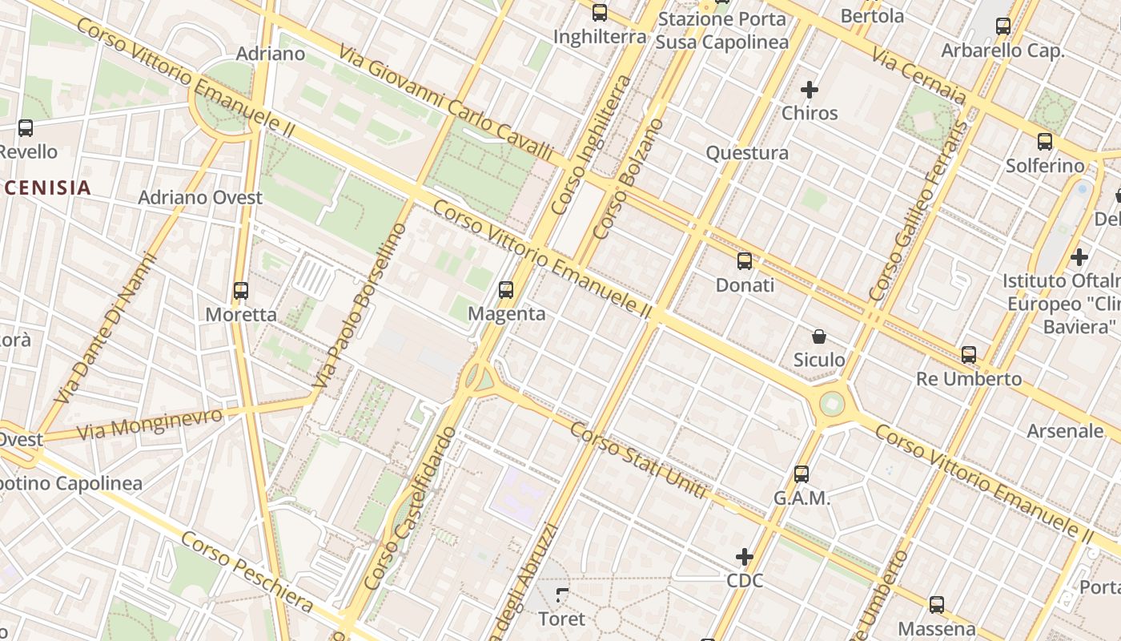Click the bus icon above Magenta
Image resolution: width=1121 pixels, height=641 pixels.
pos(506,290)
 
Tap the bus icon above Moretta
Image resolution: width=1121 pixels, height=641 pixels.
pos(241,291)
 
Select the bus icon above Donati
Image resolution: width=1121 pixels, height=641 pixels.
pos(745,260)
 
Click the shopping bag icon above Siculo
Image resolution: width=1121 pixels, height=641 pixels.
pos(819,337)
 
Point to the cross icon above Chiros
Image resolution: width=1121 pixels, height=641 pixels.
pos(810,89)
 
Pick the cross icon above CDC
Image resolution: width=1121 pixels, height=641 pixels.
pos(745,556)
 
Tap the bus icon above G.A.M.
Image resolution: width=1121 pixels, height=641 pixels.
pos(802,474)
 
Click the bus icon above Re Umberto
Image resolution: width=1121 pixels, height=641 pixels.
pos(969,354)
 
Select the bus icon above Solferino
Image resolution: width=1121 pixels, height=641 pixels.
pos(1045,142)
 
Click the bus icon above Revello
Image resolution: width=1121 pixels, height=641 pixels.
pos(26,127)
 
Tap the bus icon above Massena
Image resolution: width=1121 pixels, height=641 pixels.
pos(937,605)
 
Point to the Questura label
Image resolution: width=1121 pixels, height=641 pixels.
pos(747,153)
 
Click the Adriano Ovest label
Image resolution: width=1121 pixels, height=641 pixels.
pos(200,197)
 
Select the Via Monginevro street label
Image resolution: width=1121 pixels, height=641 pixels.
pos(150,423)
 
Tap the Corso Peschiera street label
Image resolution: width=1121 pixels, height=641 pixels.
pos(247,572)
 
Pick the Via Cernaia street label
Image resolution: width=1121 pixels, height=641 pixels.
pos(918,76)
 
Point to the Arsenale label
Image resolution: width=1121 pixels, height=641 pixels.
pos(1065,431)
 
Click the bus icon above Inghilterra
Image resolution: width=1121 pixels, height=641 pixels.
pos(600,13)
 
